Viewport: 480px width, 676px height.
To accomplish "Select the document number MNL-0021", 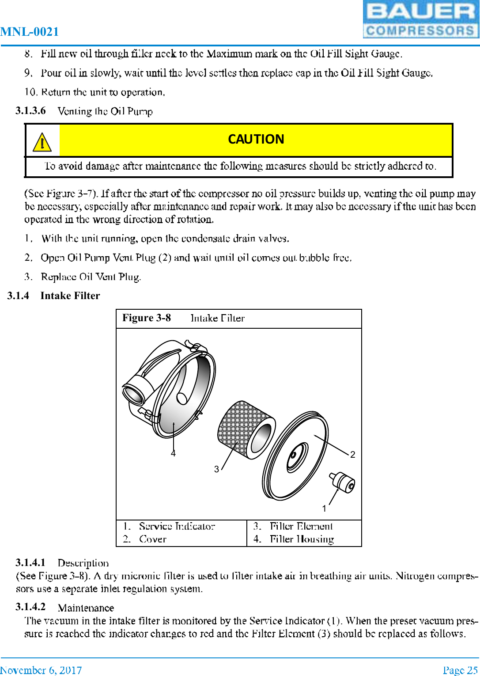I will click(x=30, y=32).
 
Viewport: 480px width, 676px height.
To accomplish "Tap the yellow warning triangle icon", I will click(x=42, y=142).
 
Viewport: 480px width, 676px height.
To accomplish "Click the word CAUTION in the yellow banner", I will click(x=256, y=139).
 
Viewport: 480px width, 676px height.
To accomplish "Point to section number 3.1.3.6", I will click(x=30, y=110).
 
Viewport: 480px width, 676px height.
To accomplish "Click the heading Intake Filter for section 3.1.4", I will click(x=70, y=296).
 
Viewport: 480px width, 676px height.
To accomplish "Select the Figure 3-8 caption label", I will click(x=147, y=318).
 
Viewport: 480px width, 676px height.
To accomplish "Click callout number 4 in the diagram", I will click(x=173, y=453).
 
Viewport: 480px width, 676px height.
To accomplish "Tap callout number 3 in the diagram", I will click(x=216, y=469).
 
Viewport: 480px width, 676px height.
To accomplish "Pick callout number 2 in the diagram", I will click(x=352, y=455).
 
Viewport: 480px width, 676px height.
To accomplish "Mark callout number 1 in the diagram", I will click(x=324, y=509).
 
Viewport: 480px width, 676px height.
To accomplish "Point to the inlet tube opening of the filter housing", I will click(x=134, y=393).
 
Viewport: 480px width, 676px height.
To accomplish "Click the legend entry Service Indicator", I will click(x=177, y=526).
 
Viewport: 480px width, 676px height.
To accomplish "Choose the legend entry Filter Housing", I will click(x=302, y=539).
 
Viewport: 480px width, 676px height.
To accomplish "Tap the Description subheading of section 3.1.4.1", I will click(x=83, y=563).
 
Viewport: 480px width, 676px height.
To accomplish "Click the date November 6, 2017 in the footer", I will click(x=41, y=670).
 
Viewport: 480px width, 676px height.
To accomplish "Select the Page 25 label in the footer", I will click(x=460, y=670).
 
